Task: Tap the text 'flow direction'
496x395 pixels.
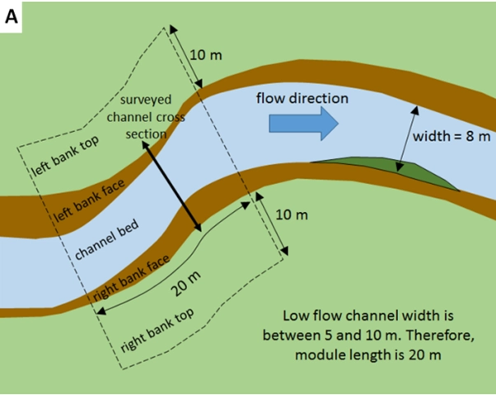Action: pyautogui.click(x=302, y=98)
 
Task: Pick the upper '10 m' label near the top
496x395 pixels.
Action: pyautogui.click(x=206, y=55)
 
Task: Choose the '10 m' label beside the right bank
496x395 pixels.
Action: pyautogui.click(x=290, y=215)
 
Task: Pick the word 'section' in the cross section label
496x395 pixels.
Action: pyautogui.click(x=146, y=134)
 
